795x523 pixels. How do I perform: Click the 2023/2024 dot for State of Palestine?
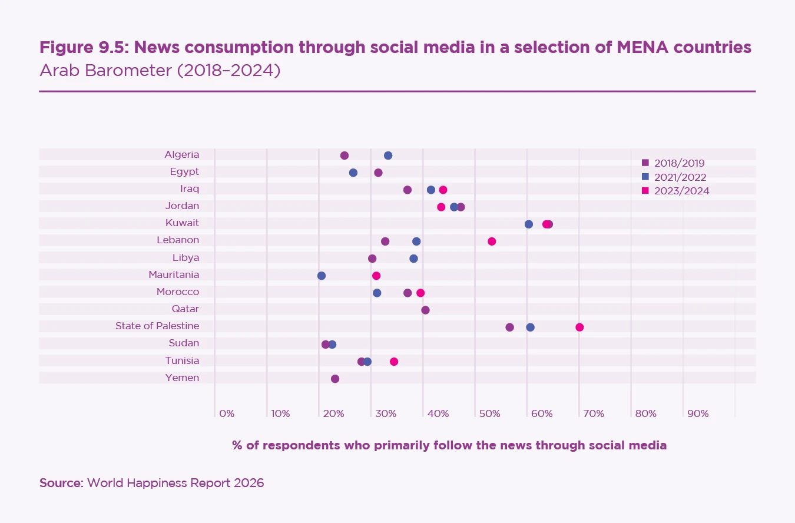(x=579, y=327)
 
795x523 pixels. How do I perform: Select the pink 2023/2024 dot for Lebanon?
(x=492, y=241)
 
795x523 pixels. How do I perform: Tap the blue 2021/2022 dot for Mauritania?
(x=322, y=276)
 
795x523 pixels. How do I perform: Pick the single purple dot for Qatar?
(x=425, y=310)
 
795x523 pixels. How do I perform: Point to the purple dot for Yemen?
(x=335, y=379)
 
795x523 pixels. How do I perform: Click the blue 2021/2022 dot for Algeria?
(x=388, y=155)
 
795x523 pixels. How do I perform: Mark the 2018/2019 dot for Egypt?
(x=378, y=173)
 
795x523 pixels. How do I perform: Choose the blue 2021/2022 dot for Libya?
(x=413, y=259)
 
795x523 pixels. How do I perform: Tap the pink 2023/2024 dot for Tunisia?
(x=394, y=362)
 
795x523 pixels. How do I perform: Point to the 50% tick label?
(x=489, y=413)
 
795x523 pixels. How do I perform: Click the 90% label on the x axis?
(x=698, y=413)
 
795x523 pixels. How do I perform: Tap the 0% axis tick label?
(x=227, y=413)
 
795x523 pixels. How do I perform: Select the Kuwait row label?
(x=183, y=223)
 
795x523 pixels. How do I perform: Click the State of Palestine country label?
(x=157, y=326)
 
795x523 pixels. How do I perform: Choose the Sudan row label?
(x=183, y=343)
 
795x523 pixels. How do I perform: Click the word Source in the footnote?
(x=61, y=483)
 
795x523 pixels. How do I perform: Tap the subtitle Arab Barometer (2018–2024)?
(x=160, y=71)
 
